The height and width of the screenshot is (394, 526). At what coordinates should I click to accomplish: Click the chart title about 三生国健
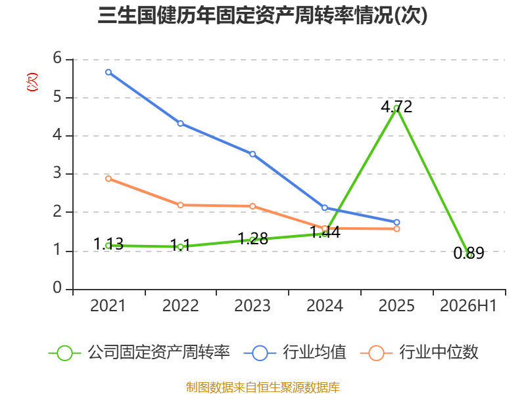[262, 15]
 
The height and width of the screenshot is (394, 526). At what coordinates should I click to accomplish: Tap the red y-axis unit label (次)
[32, 82]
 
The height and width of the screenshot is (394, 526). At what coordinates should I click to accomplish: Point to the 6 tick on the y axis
[57, 58]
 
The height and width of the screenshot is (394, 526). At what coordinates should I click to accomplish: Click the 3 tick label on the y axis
[57, 173]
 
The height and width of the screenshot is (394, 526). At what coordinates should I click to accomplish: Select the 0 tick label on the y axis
[57, 288]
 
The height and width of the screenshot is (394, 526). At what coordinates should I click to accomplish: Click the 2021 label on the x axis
[108, 306]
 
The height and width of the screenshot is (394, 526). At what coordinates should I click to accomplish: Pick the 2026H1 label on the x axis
[468, 306]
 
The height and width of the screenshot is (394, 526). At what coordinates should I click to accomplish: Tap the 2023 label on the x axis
[252, 306]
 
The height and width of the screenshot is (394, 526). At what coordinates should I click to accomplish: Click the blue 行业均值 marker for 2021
[108, 72]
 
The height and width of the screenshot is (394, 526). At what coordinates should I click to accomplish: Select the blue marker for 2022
[180, 123]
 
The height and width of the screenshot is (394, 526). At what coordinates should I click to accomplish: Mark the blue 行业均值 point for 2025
[396, 223]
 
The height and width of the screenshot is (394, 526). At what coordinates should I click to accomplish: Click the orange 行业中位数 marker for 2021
[108, 179]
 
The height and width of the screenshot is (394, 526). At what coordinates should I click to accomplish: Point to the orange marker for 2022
[180, 205]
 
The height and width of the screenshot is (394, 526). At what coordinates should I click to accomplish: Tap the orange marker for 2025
[396, 229]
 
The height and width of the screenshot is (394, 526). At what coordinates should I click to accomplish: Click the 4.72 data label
[396, 107]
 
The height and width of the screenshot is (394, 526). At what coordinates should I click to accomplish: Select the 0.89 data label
[469, 253]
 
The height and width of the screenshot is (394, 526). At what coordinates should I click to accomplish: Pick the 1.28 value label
[252, 239]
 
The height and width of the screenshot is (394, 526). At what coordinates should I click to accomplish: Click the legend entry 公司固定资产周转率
[139, 353]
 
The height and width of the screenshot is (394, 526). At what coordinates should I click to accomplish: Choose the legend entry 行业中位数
[419, 353]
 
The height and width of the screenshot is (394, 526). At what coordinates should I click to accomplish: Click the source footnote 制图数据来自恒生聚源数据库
[262, 387]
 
